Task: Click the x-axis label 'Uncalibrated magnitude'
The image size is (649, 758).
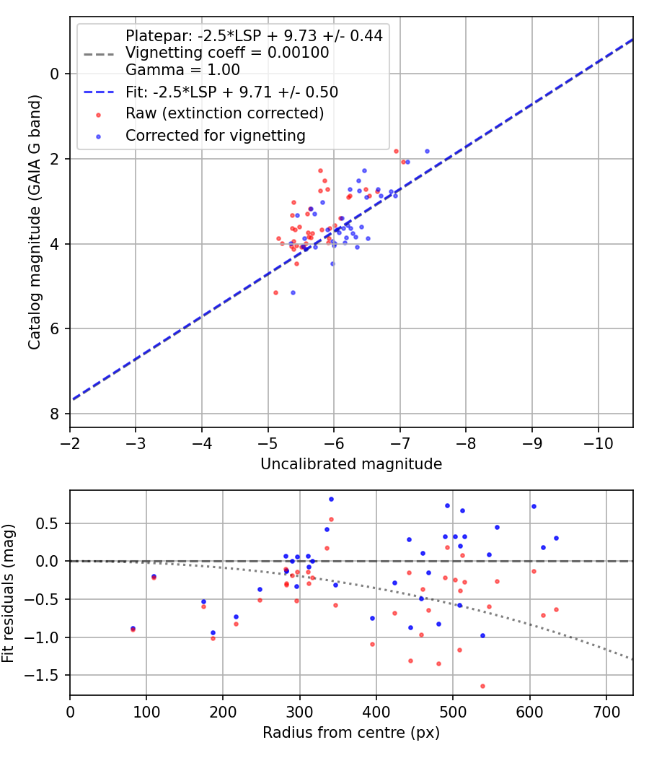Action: point(351,464)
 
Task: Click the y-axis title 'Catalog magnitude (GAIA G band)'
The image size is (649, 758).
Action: point(35,222)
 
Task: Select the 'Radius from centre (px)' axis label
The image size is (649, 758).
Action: point(351,733)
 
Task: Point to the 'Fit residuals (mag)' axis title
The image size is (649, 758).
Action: point(8,593)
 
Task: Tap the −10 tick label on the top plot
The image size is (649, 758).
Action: point(599,443)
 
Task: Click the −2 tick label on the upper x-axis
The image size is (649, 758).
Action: point(69,443)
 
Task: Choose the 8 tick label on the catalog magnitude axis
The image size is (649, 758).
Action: point(55,414)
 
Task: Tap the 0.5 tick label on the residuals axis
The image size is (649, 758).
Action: point(50,523)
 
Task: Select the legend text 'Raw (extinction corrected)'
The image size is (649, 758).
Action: point(224,113)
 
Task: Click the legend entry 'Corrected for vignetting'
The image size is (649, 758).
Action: point(216,136)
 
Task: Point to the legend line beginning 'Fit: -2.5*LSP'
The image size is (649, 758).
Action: point(231,92)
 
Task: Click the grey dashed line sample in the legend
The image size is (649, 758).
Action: point(99,53)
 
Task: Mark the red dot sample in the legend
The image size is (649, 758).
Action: point(99,115)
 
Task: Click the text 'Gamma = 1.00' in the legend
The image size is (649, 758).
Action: point(182,69)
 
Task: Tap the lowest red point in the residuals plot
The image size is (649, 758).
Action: point(482,686)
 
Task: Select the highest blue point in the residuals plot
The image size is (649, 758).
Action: point(331,500)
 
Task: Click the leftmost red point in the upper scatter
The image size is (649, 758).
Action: point(275,293)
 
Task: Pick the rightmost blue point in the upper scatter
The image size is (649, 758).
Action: point(428,152)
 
